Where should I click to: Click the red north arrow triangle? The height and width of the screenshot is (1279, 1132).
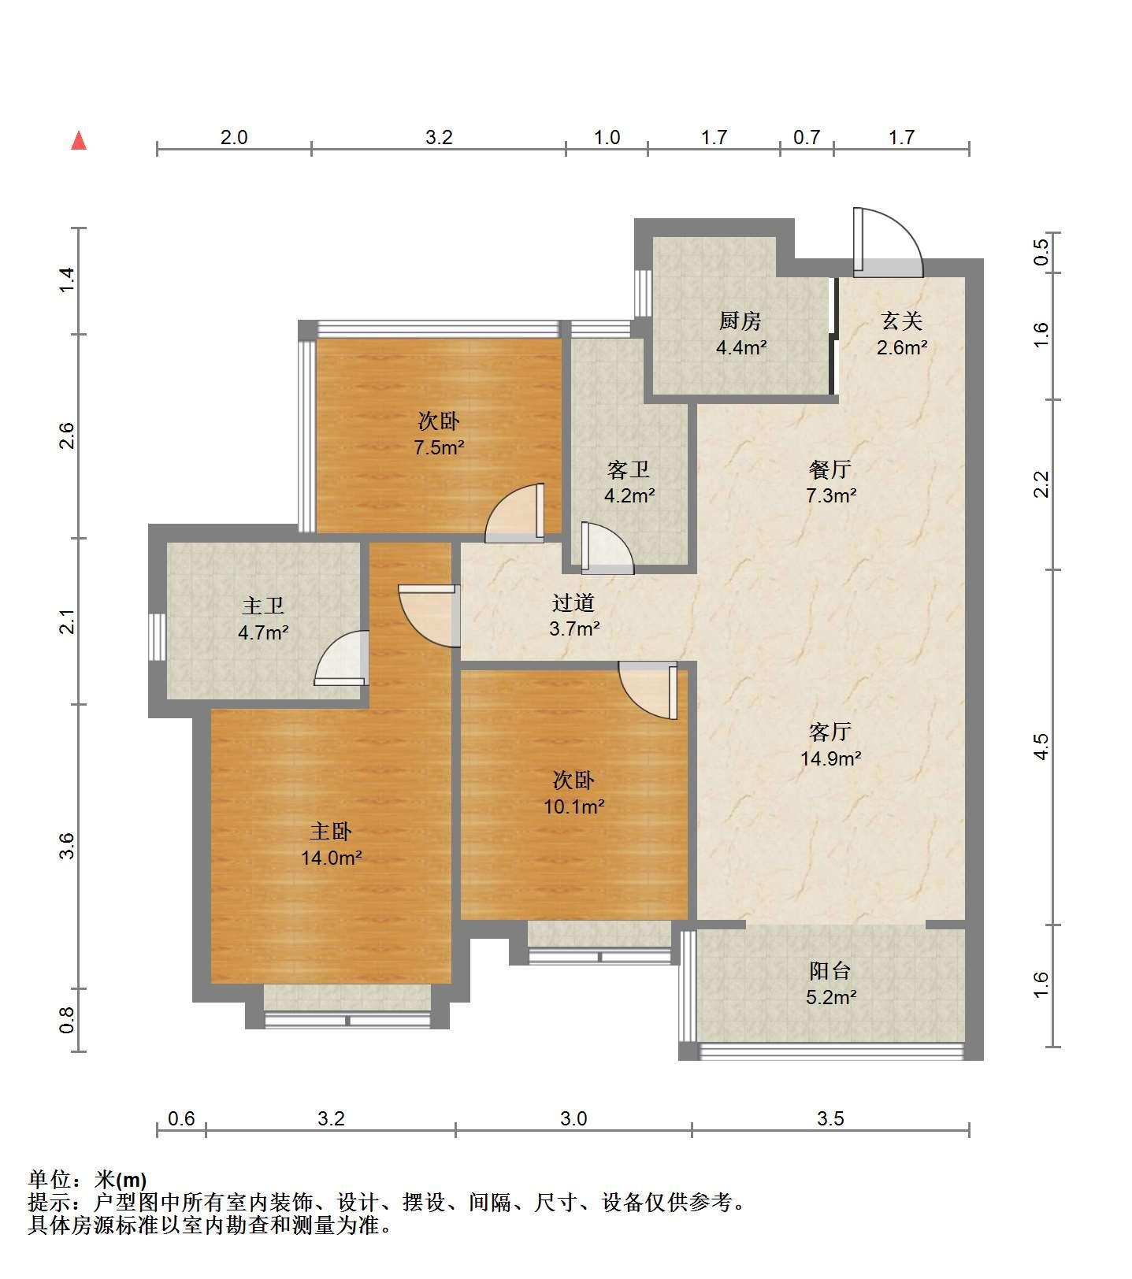[79, 141]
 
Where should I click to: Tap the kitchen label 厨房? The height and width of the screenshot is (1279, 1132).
[740, 321]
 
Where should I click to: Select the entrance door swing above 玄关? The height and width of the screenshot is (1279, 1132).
[888, 243]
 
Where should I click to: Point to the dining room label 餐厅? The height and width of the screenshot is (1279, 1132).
[830, 469]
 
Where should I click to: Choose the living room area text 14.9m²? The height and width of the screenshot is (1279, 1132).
[831, 758]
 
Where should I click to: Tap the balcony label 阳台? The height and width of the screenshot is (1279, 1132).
[830, 971]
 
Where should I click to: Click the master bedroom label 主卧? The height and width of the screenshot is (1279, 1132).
[331, 831]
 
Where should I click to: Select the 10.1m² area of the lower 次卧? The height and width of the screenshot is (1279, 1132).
[574, 806]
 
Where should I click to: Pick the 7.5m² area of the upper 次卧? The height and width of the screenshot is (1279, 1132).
[439, 447]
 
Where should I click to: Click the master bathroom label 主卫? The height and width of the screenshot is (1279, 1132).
[263, 606]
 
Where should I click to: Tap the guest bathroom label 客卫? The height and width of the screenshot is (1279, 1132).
[629, 469]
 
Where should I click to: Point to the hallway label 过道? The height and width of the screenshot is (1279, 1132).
[573, 602]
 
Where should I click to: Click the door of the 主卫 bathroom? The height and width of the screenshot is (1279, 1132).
[341, 658]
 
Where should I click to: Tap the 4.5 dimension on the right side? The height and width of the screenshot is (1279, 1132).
[1041, 746]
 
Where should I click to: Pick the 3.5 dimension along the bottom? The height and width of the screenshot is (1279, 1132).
[830, 1118]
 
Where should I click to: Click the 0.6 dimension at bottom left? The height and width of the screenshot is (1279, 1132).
[181, 1118]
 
